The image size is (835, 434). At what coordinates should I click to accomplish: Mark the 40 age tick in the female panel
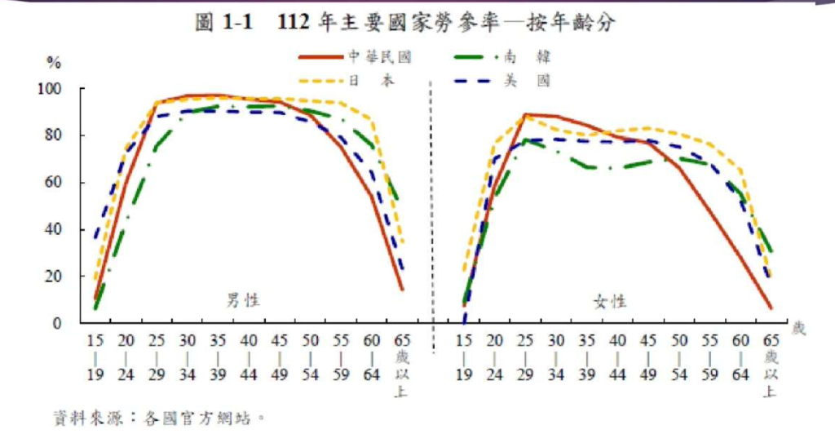tap(618, 339)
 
